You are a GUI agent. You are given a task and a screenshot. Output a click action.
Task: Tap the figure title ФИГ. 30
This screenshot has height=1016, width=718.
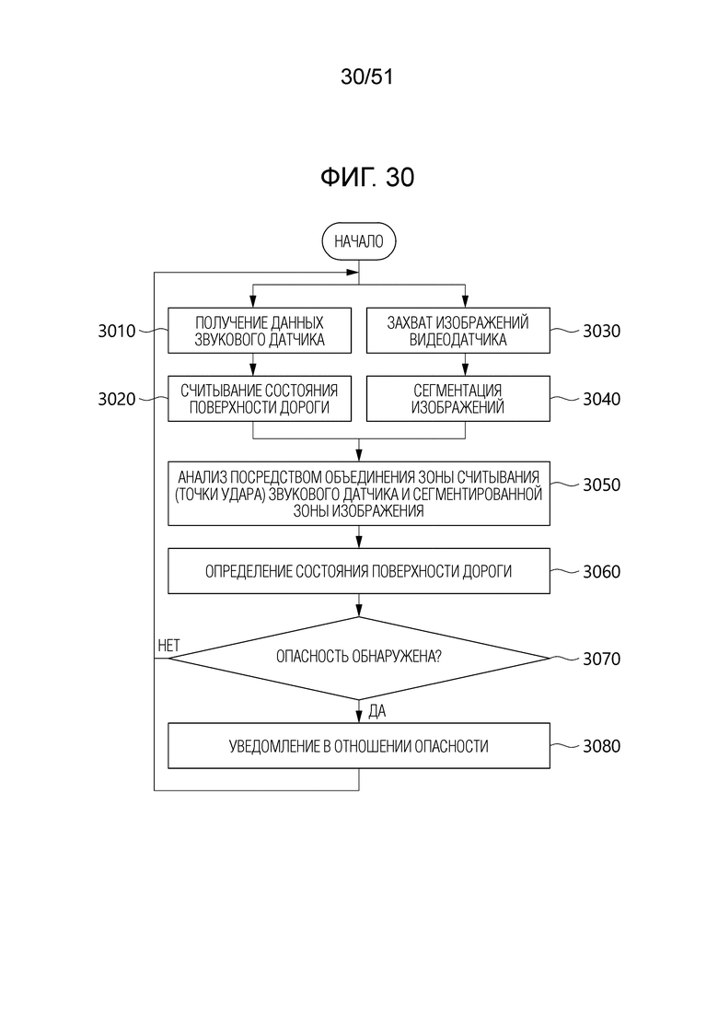pyautogui.click(x=367, y=178)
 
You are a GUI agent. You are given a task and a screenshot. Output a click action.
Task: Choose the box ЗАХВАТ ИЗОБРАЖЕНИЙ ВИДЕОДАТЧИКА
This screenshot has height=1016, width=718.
pyautogui.click(x=457, y=332)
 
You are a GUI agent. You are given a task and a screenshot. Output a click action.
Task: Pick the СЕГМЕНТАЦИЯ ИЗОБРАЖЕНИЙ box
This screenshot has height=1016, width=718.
pyautogui.click(x=457, y=398)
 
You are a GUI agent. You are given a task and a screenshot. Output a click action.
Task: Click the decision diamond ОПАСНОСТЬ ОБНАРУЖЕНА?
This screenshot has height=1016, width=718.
pyautogui.click(x=358, y=657)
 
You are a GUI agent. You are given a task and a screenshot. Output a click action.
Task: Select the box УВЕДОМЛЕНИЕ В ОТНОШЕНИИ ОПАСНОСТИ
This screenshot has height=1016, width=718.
pyautogui.click(x=358, y=746)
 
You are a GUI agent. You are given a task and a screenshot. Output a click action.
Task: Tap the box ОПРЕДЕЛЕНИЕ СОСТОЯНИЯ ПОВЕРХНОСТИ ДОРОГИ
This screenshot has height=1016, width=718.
pyautogui.click(x=358, y=571)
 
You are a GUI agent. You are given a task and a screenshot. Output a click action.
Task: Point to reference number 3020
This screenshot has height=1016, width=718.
pyautogui.click(x=117, y=399)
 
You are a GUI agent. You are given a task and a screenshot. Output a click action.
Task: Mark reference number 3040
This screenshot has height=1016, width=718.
pyautogui.click(x=601, y=399)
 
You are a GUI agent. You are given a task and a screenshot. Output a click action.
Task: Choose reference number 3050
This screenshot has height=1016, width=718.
pyautogui.click(x=601, y=485)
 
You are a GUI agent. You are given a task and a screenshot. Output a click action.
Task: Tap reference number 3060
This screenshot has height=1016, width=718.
pyautogui.click(x=601, y=571)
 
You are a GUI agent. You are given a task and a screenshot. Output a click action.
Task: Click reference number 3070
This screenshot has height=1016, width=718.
pyautogui.click(x=601, y=659)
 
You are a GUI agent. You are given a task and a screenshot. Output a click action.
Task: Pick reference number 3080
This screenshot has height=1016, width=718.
pyautogui.click(x=601, y=746)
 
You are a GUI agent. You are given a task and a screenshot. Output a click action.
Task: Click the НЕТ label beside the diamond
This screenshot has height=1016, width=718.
pyautogui.click(x=169, y=646)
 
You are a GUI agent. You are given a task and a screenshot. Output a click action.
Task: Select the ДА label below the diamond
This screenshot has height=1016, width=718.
pyautogui.click(x=376, y=710)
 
